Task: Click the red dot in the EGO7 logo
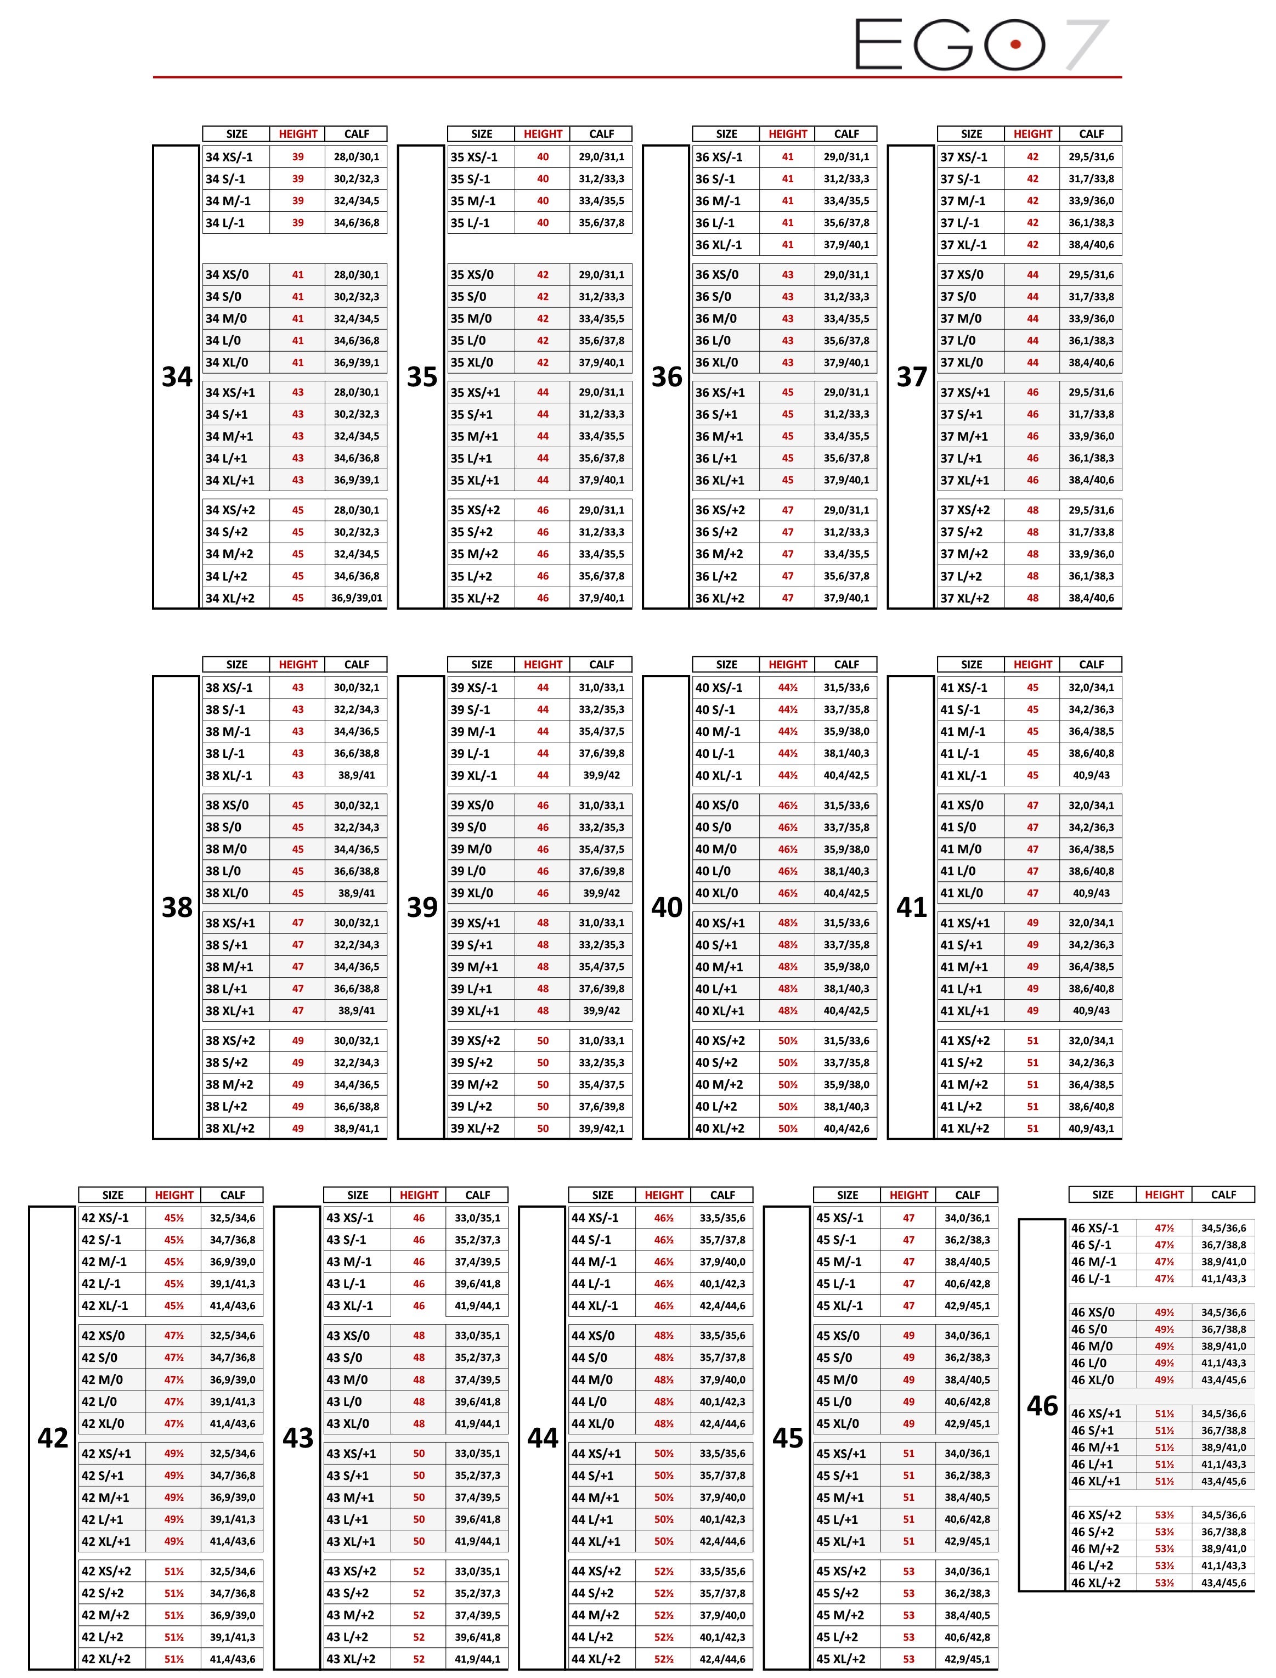tap(1015, 44)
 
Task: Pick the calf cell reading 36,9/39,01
tap(356, 598)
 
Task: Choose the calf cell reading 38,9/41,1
tap(356, 1128)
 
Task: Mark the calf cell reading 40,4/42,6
tap(846, 1128)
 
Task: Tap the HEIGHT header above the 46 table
tap(1164, 1194)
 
